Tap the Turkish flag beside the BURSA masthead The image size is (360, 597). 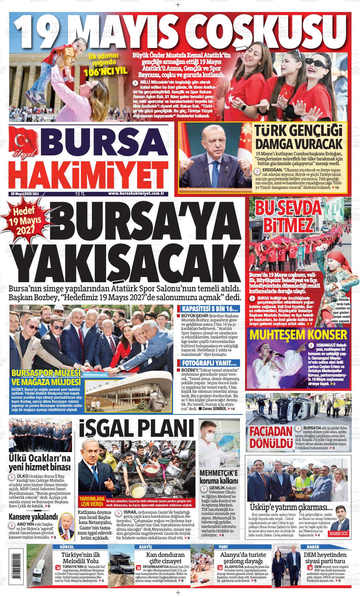pyautogui.click(x=24, y=140)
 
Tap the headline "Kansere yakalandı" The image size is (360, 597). pyautogui.click(x=33, y=517)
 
